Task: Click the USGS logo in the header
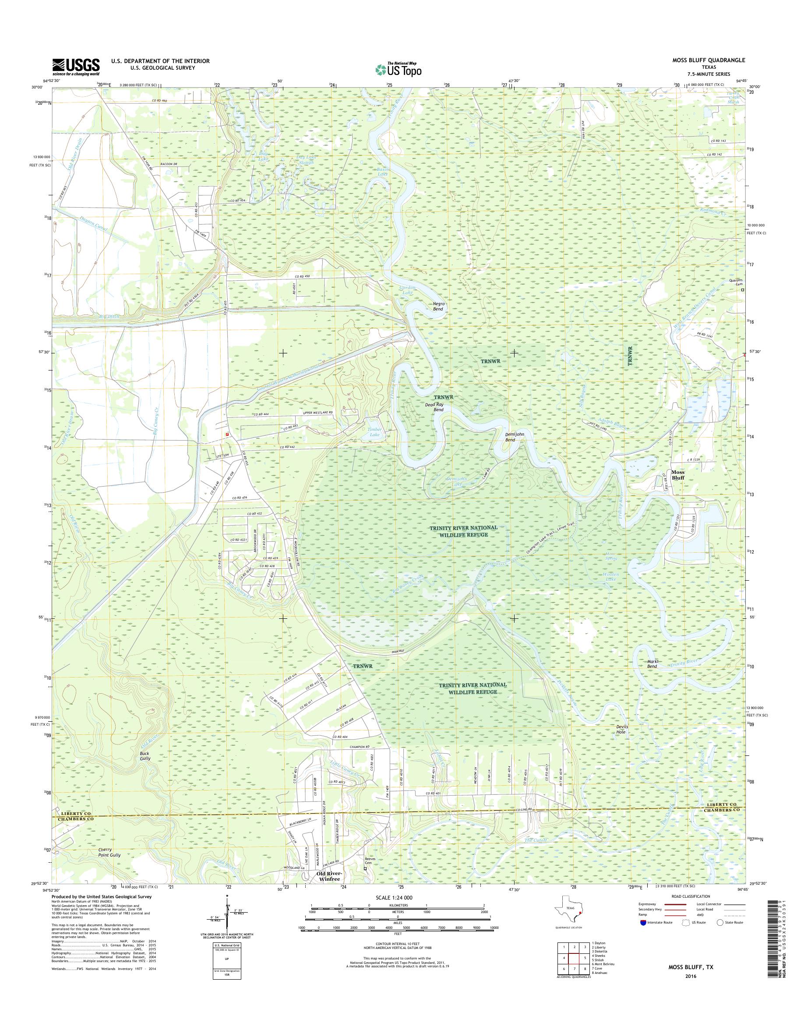click(x=76, y=67)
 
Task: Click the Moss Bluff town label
click(x=677, y=475)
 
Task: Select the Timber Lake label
click(x=374, y=432)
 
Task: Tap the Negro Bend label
click(x=438, y=306)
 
